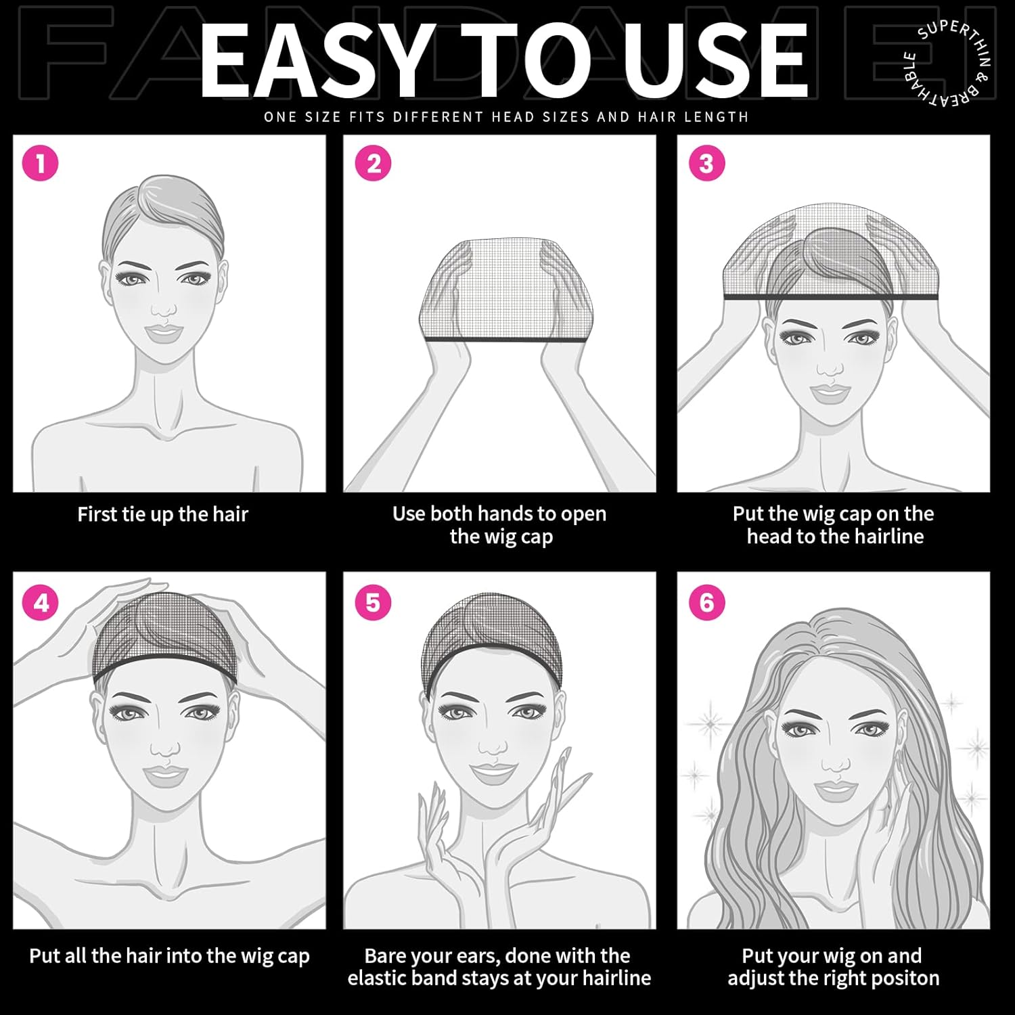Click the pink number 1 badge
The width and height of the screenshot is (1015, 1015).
point(41,163)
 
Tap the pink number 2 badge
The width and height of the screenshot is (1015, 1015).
point(374,163)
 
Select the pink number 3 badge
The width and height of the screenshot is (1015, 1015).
point(706,163)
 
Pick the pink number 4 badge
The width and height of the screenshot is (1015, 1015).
point(41,602)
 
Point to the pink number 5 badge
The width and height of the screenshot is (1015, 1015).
point(374,602)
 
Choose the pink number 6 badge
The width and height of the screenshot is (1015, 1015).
point(706,602)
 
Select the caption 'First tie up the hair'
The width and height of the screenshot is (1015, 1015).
point(163,514)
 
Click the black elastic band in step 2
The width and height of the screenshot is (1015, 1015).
point(502,339)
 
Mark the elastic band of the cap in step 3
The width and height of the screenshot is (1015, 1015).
point(832,296)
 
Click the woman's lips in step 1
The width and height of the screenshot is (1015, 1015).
point(162,332)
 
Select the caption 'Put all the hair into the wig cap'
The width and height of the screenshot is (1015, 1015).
point(169,956)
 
